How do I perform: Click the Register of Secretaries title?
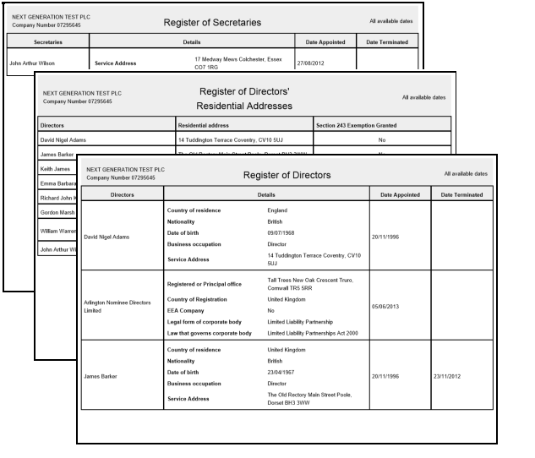(212, 22)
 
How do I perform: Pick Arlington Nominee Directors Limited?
(118, 307)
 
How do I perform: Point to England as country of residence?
(277, 210)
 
